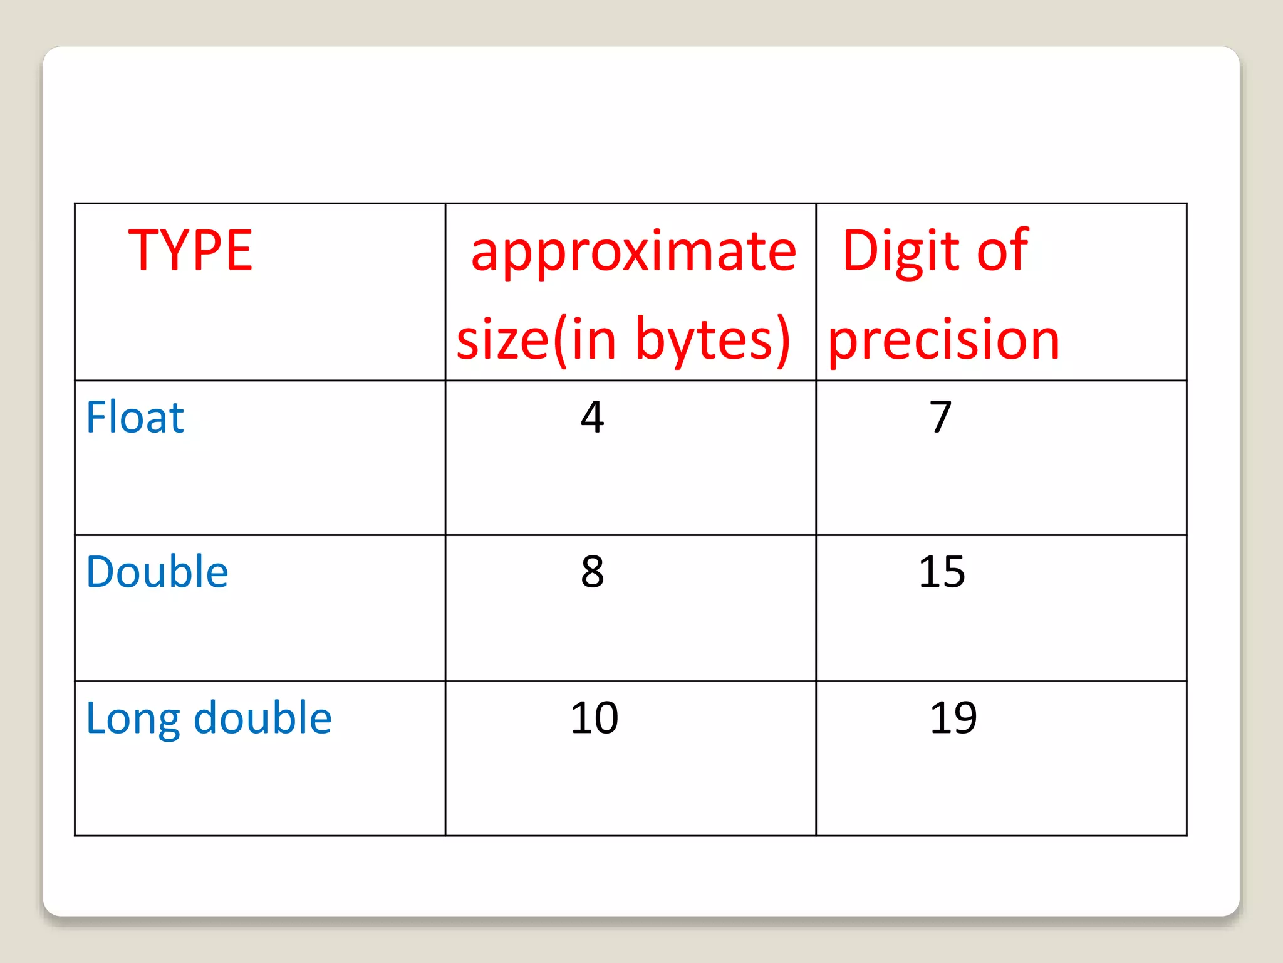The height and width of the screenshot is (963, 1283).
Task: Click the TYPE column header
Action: click(190, 250)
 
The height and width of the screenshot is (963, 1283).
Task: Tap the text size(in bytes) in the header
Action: click(623, 339)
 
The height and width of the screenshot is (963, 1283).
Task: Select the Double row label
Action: click(157, 572)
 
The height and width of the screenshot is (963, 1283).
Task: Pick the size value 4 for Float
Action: click(593, 417)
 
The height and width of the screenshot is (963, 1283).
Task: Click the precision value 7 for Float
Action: click(940, 417)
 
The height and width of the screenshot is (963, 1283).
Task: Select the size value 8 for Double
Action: click(593, 572)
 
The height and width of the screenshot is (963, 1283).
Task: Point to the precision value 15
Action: click(942, 572)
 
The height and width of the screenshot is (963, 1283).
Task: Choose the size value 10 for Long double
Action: click(595, 718)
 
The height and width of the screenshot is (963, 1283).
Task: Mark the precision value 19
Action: click(953, 718)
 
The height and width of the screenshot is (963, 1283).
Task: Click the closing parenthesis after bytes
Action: click(782, 340)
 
